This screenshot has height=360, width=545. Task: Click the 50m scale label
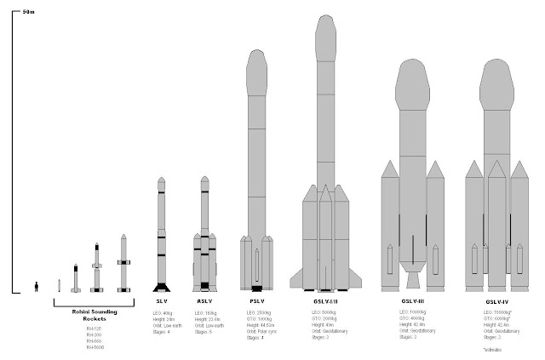coord(29,12)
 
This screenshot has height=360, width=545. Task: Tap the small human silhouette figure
coord(36,287)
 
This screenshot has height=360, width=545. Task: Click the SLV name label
coord(159,301)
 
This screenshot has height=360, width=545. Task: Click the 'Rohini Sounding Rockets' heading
coord(94,314)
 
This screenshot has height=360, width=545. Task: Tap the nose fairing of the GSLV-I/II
coord(324,34)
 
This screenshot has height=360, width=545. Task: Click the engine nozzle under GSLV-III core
coord(412,279)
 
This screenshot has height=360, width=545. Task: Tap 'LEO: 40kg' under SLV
coord(164,312)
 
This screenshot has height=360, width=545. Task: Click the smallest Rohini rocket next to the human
coord(59,285)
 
